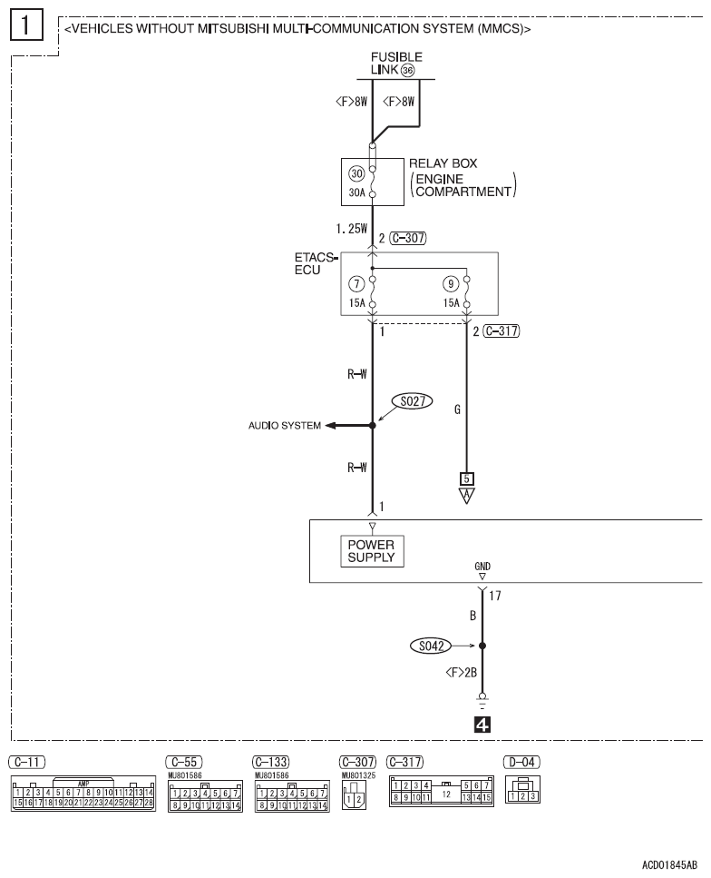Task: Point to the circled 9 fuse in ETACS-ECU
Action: [x=451, y=282]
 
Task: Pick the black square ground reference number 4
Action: [x=482, y=725]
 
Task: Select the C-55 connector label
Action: [x=184, y=759]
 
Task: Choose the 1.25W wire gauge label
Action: [x=350, y=231]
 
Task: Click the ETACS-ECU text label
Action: [x=317, y=262]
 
